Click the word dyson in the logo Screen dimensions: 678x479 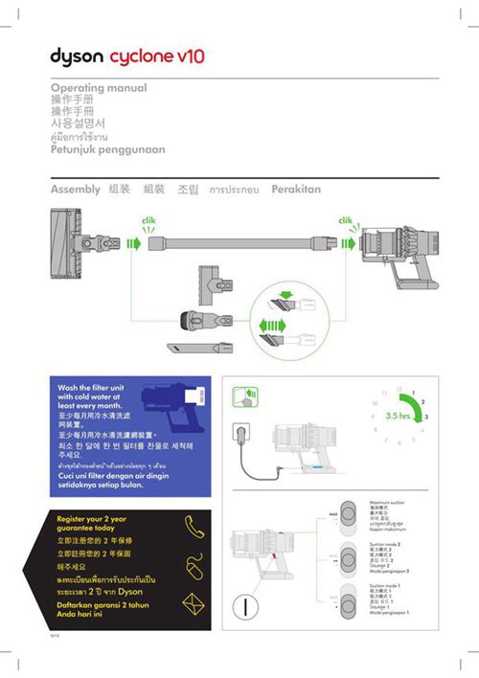(76, 56)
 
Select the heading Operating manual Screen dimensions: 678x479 (98, 87)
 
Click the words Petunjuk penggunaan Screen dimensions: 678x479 (107, 149)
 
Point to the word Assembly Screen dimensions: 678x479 (75, 190)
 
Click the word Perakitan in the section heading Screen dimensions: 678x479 (296, 190)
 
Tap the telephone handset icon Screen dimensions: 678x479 (194, 525)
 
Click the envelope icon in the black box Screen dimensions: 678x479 (194, 604)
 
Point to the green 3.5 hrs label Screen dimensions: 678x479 (398, 417)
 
